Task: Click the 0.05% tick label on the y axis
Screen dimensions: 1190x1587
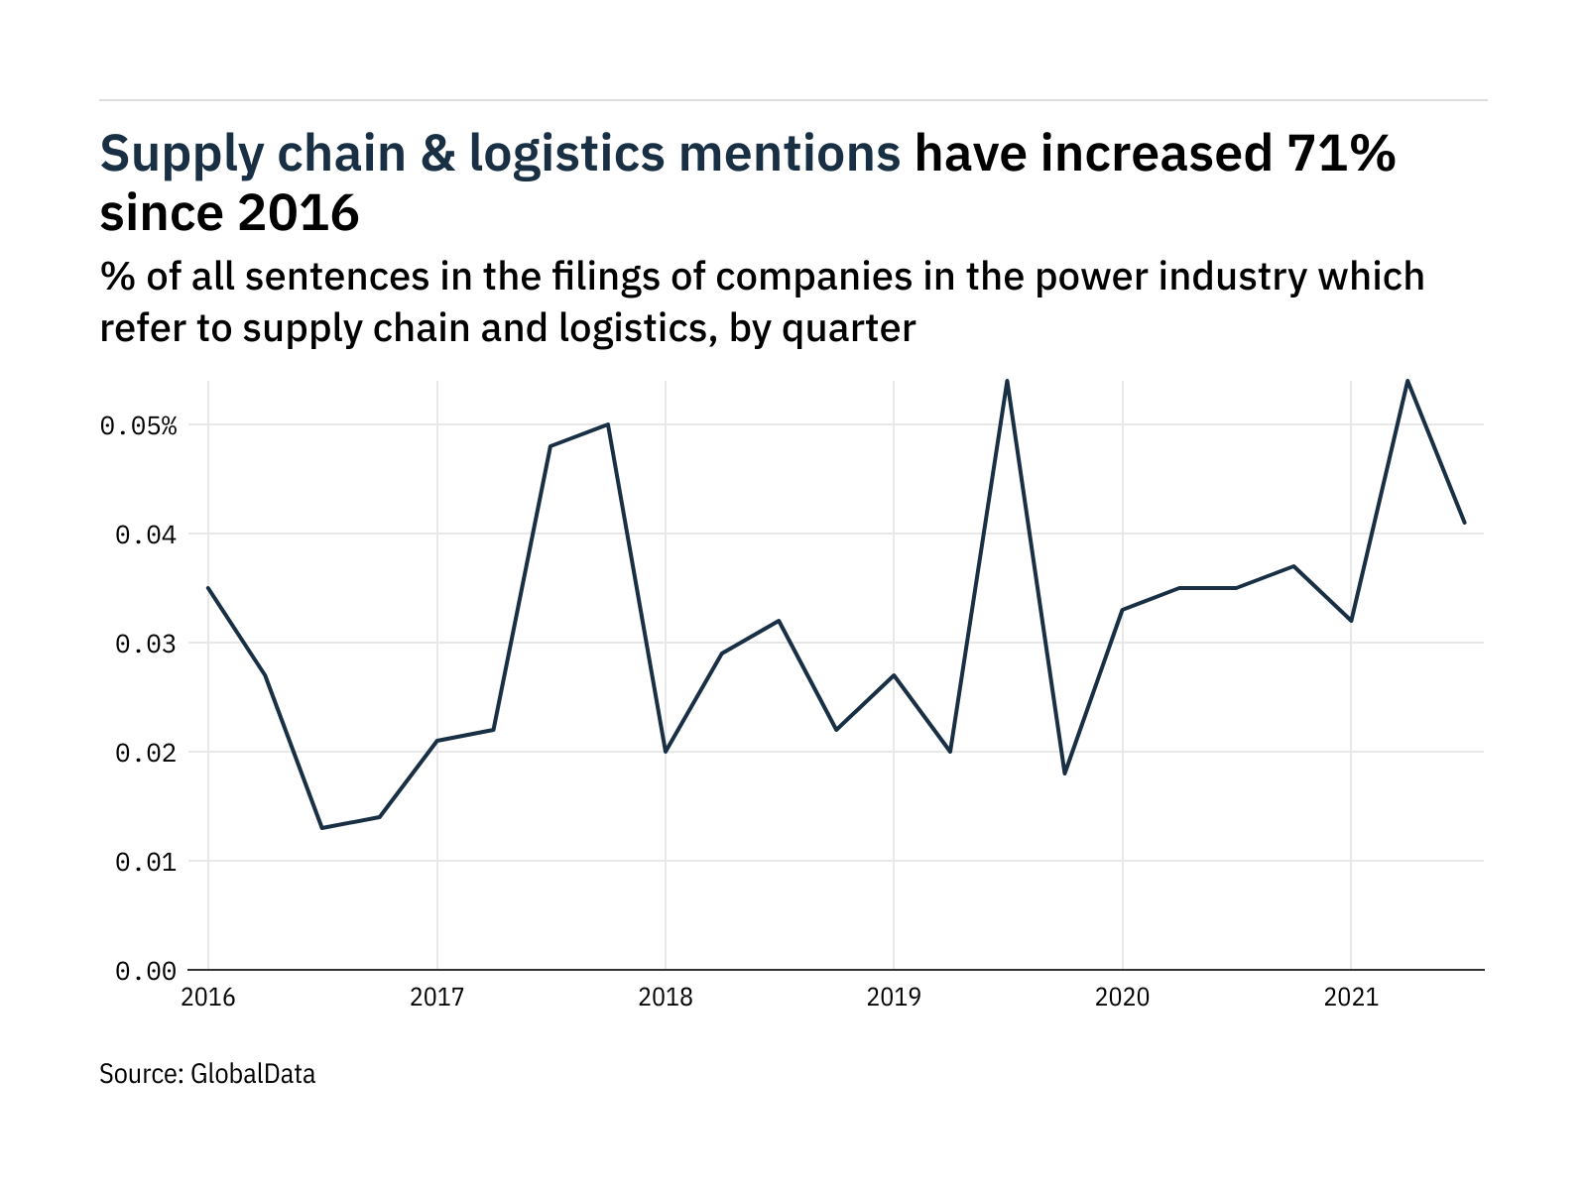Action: pos(138,426)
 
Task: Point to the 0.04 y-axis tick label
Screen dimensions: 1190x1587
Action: pos(145,535)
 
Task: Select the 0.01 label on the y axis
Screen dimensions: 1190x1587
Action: pos(145,863)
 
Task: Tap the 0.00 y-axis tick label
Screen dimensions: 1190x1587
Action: pos(145,972)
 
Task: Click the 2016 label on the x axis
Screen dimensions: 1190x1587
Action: pos(208,997)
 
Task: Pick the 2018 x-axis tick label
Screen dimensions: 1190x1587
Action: pos(666,997)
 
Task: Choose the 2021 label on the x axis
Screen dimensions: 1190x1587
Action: pos(1351,997)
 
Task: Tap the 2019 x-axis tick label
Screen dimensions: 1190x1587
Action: pos(894,997)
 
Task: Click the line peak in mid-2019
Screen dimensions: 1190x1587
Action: pos(1007,381)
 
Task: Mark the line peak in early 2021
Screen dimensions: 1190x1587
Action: pos(1407,381)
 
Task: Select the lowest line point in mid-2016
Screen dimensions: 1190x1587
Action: pos(321,828)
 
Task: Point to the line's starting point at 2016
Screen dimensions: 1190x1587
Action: pos(208,588)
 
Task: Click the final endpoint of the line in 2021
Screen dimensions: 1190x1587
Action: pos(1465,523)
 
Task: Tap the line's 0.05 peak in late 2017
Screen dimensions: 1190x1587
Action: pos(607,424)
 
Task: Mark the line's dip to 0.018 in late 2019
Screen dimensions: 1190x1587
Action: pos(1064,773)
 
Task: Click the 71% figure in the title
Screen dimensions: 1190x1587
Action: pos(1341,154)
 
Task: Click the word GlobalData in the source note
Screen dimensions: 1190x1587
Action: pos(252,1074)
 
